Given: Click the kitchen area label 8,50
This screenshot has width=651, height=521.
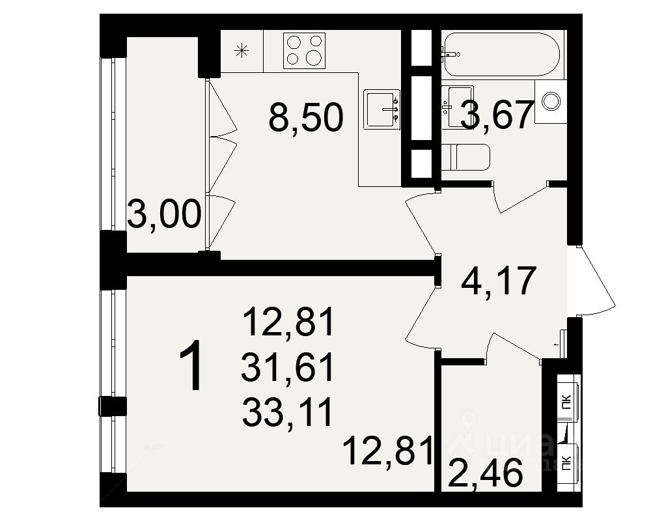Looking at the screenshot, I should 305,119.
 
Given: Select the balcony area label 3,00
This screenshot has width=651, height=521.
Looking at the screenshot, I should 164,214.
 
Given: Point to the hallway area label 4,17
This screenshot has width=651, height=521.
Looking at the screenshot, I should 498,281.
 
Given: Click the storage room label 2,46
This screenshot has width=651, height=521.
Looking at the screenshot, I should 486,473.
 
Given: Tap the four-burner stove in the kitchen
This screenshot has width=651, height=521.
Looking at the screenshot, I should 304,49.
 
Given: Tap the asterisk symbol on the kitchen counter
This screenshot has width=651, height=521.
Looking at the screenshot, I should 242,50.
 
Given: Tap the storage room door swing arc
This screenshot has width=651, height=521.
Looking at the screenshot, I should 514,345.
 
